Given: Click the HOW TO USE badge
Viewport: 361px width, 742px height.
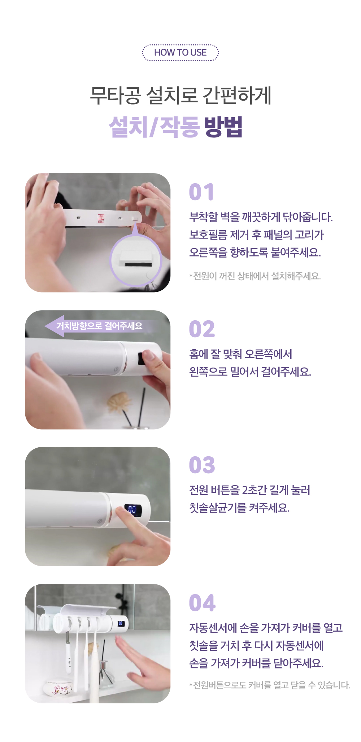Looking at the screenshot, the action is [180, 53].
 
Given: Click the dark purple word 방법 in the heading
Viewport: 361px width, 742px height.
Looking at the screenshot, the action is [223, 127].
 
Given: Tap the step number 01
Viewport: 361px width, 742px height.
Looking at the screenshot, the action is [201, 192].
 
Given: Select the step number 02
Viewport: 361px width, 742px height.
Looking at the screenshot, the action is [202, 329].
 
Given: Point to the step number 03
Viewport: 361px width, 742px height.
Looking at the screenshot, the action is [202, 465].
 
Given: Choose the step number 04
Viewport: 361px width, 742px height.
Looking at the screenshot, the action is [202, 603].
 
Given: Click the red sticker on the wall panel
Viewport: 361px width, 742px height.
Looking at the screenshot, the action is [101, 218].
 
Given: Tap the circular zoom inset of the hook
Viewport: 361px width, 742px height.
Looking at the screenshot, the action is [135, 260].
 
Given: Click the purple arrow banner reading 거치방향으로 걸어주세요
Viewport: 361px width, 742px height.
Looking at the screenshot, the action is [101, 326].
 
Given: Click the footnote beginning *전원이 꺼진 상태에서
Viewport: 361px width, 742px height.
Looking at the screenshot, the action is [255, 276].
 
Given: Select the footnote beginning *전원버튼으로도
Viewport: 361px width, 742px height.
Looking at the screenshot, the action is [270, 685].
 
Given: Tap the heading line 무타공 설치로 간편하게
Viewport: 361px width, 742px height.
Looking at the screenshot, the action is [180, 96].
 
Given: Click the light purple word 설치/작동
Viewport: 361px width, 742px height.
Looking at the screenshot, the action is [154, 127].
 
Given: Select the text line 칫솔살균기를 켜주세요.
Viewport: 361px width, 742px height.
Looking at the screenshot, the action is [239, 508].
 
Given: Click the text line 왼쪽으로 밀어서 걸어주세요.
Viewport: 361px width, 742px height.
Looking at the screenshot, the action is [250, 372].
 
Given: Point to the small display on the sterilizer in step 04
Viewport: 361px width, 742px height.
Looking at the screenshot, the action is [121, 623].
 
